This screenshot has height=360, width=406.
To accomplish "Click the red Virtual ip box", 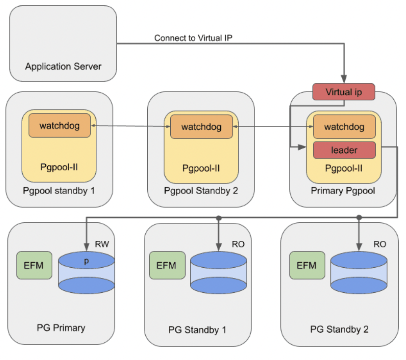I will click(343, 92).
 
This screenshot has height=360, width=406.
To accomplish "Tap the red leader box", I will click(344, 150).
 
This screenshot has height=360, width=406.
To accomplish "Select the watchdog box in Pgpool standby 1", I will click(59, 125).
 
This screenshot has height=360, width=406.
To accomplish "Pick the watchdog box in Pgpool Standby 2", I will click(201, 127).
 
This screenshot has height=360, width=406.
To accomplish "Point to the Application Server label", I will click(63, 66).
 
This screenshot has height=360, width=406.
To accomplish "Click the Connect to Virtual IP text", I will click(193, 38).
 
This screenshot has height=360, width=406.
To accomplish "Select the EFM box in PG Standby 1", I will click(166, 265).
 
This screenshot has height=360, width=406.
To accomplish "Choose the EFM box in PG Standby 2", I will click(306, 265).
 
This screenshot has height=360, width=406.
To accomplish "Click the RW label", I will click(102, 243).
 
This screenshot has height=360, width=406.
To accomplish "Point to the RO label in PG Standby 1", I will click(238, 244).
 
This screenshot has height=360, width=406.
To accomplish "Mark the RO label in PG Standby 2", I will click(379, 244).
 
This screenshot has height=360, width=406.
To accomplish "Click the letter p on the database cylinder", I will click(87, 260).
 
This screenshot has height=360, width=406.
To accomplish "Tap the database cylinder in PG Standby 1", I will click(218, 273).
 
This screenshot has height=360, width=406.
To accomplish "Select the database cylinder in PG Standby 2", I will click(359, 273).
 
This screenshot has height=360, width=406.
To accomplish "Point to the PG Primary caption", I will click(61, 328).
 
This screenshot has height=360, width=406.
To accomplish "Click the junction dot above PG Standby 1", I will click(219, 218).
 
